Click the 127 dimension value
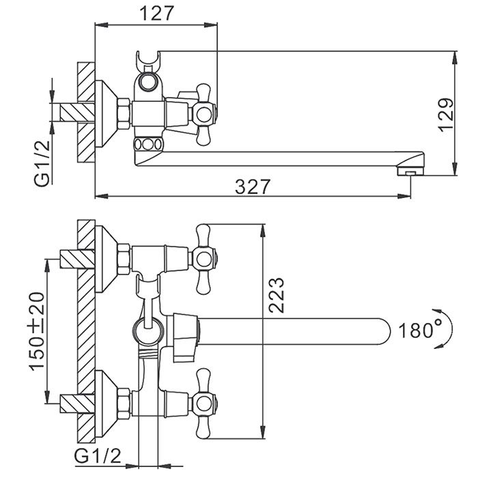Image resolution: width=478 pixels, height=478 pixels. point(156,12)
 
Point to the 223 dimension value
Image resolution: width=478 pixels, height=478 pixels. point(277,296)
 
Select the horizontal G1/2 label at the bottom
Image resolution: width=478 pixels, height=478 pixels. point(100,454)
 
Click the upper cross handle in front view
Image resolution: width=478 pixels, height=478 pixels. point(203,257)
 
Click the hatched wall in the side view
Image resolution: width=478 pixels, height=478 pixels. point(84,113)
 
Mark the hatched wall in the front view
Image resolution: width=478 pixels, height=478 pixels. point(84,328)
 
